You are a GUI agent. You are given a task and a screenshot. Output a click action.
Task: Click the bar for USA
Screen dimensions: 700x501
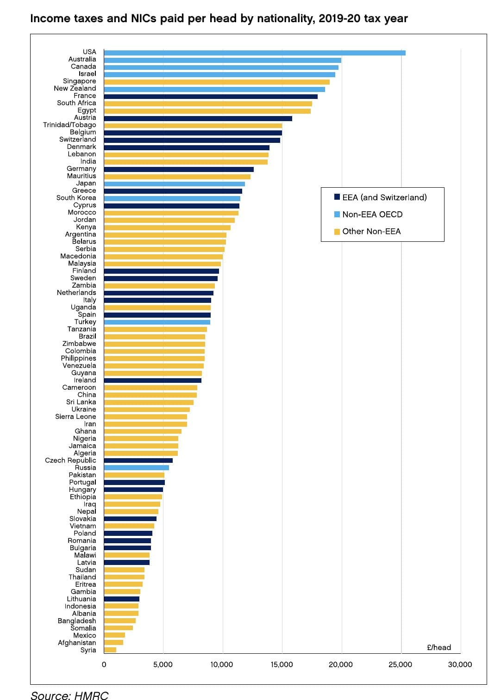tap(255, 53)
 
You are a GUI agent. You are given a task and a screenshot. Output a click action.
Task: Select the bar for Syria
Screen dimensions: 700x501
tap(110, 650)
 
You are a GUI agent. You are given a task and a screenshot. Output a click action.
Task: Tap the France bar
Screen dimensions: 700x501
tap(211, 97)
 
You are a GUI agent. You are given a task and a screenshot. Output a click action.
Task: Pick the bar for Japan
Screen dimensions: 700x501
tap(174, 184)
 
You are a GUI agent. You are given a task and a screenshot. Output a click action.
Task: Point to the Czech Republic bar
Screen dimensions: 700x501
tap(138, 461)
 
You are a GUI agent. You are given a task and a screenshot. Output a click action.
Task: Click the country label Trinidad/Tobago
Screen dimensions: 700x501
tap(69, 125)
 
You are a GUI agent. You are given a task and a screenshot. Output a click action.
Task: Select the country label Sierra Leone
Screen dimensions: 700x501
tap(75, 417)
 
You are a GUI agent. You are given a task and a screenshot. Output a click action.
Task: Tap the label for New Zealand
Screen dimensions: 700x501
tap(75, 88)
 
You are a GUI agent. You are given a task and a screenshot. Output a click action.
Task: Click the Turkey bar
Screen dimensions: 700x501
tap(157, 322)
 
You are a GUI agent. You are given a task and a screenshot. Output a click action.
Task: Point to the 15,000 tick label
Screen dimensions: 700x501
tap(282, 665)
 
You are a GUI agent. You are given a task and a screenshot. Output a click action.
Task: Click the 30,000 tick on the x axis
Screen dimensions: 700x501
tap(460, 665)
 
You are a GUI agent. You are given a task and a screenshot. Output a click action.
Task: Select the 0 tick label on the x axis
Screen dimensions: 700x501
tap(104, 665)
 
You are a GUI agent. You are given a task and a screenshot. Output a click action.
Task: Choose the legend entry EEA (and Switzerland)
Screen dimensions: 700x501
tap(384, 197)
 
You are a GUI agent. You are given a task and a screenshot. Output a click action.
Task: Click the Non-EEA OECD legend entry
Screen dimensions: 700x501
tap(372, 215)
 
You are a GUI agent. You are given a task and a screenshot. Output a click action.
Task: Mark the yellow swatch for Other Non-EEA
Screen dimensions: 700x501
tap(337, 232)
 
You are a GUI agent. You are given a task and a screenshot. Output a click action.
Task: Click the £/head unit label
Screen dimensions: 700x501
tap(438, 647)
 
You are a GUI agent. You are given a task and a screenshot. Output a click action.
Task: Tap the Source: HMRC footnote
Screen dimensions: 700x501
tap(69, 695)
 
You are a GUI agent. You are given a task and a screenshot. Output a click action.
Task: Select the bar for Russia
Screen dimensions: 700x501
tap(136, 468)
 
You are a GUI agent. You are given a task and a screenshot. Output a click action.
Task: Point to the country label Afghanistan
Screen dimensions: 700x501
tap(77, 643)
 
